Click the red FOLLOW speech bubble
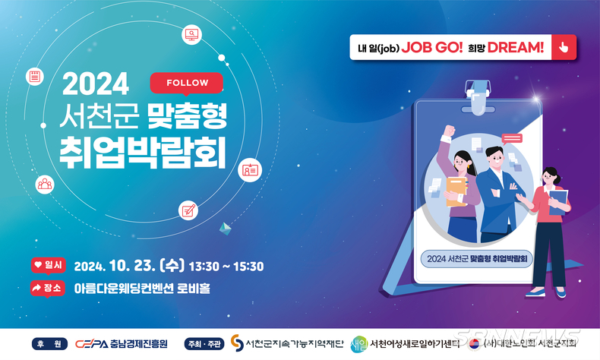(x=186, y=84)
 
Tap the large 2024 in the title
(x=96, y=84)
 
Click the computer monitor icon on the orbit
(x=191, y=35)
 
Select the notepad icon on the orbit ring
(x=35, y=76)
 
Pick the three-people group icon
(x=45, y=185)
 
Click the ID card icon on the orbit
(x=251, y=170)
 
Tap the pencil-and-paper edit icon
(x=188, y=210)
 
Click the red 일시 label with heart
(x=48, y=265)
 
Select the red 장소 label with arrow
(x=48, y=289)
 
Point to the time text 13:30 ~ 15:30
(x=226, y=267)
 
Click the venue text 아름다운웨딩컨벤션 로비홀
(x=142, y=289)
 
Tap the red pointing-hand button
(x=564, y=47)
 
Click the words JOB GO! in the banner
(x=432, y=47)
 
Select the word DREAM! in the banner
(x=516, y=47)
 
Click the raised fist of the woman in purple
(x=449, y=131)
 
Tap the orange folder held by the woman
(x=456, y=191)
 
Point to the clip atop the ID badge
(x=478, y=97)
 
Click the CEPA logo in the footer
(x=91, y=344)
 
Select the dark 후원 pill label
(x=49, y=344)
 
